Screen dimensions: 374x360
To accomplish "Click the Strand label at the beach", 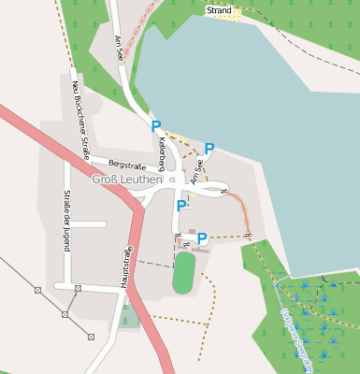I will (x=218, y=10).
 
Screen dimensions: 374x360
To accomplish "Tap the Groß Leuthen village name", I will (x=127, y=179).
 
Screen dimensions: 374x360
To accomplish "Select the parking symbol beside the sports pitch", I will (x=202, y=238).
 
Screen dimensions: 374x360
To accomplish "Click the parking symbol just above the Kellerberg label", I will (x=156, y=126).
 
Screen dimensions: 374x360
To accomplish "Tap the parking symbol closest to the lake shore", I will (x=209, y=149).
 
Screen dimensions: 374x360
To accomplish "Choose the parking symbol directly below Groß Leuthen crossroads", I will (x=181, y=206).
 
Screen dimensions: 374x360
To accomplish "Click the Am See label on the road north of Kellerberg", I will (x=119, y=49).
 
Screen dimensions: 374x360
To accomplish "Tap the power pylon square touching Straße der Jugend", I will (x=78, y=287).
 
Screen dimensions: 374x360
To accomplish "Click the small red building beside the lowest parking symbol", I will (x=192, y=231).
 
